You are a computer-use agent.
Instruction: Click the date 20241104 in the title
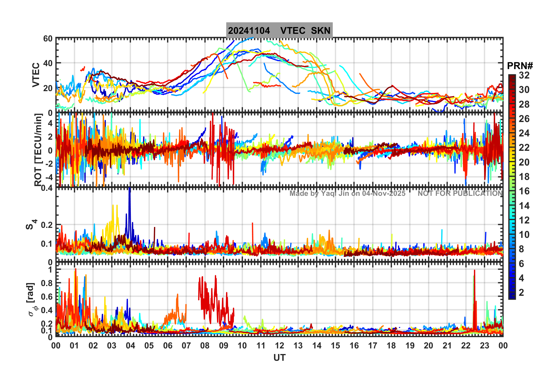point(249,31)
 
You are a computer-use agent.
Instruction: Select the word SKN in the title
point(321,31)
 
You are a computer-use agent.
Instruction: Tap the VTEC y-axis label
point(36,75)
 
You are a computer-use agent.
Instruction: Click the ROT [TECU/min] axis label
point(38,150)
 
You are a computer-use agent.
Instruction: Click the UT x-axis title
point(279,358)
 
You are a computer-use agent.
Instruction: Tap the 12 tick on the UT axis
point(279,346)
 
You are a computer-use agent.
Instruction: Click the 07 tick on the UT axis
point(186,346)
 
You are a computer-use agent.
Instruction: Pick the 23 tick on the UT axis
point(484,346)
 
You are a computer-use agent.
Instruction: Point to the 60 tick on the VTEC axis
point(48,39)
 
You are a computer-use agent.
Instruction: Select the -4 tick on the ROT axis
point(48,177)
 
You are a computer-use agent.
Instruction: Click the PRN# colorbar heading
point(520,66)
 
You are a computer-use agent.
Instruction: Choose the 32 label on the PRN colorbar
point(524,75)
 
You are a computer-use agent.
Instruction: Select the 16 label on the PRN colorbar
point(524,191)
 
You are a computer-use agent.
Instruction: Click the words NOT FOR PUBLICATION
point(460,193)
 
